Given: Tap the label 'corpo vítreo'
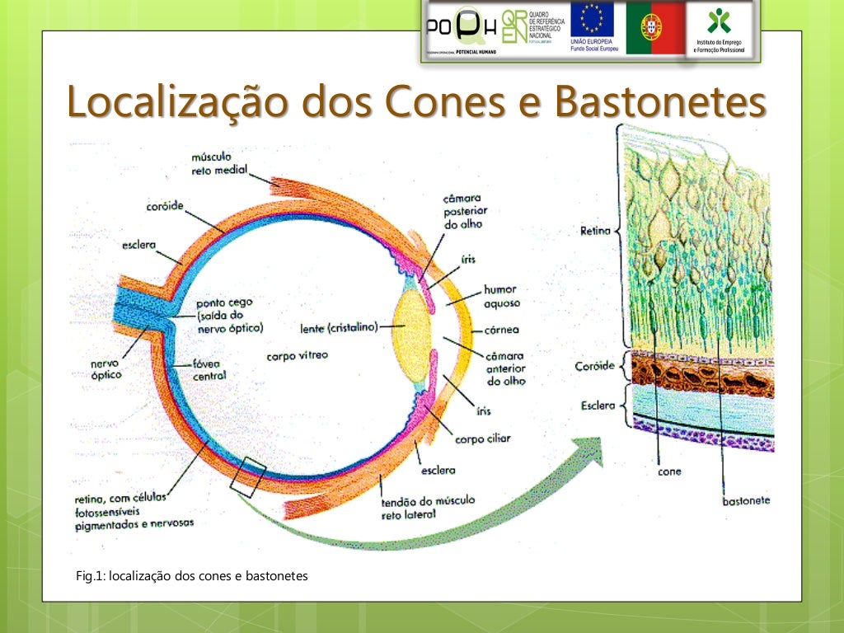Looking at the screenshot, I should [297, 355].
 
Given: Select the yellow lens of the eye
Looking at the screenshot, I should [410, 326].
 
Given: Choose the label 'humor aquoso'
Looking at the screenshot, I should [501, 296].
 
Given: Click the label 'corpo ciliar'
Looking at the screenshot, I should [482, 438].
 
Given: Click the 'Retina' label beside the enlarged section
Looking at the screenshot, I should [595, 232].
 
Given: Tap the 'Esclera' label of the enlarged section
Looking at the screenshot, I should [597, 406].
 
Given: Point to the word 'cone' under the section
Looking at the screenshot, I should [669, 472].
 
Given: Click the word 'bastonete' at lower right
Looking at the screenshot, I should [745, 500].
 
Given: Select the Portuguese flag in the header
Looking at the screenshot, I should [655, 27].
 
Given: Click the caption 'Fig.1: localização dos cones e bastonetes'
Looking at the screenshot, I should [191, 576].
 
